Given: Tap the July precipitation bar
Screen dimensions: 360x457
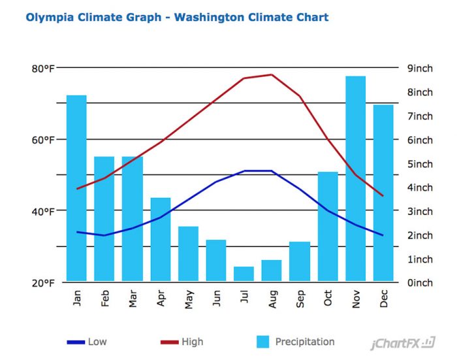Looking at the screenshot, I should tap(244, 274).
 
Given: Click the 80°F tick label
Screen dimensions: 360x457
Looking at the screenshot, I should tap(41, 69).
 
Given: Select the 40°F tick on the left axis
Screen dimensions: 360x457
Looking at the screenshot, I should tap(41, 211).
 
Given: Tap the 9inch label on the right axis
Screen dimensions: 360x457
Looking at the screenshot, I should tap(419, 69).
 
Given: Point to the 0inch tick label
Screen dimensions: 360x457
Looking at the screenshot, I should tap(419, 282).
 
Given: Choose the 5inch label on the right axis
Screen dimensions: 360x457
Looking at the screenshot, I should tap(419, 163).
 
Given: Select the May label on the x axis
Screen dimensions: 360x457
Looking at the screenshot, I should tap(189, 299).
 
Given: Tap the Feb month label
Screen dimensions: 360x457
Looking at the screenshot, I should tap(105, 299).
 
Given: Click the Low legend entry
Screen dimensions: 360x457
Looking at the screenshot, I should tap(97, 342).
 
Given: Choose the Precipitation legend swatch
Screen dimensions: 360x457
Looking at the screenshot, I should tap(262, 342).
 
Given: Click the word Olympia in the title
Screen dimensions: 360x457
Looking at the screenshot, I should tap(50, 17).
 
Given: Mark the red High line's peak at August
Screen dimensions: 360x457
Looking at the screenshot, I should tap(272, 74).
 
